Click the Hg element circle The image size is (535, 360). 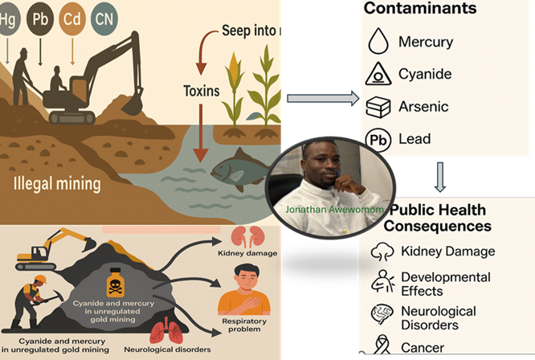(x=9, y=18)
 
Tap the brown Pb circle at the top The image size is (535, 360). (x=41, y=18)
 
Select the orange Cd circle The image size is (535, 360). (x=73, y=18)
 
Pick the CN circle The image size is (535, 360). (x=104, y=18)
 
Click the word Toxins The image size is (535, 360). (x=201, y=91)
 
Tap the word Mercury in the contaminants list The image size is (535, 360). (x=426, y=42)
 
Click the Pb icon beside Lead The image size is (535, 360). (x=378, y=138)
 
